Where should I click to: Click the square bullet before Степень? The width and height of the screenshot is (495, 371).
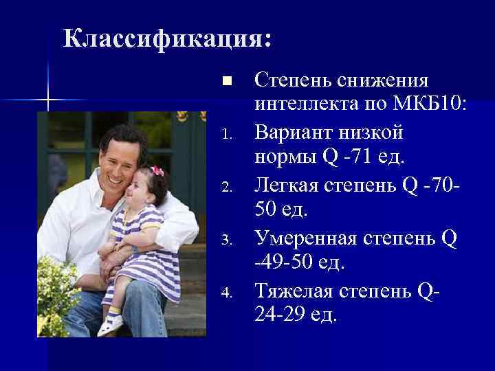click(228, 81)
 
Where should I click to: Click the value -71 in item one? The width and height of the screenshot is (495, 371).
click(355, 159)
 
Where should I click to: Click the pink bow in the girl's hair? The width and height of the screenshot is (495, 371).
click(157, 170)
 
